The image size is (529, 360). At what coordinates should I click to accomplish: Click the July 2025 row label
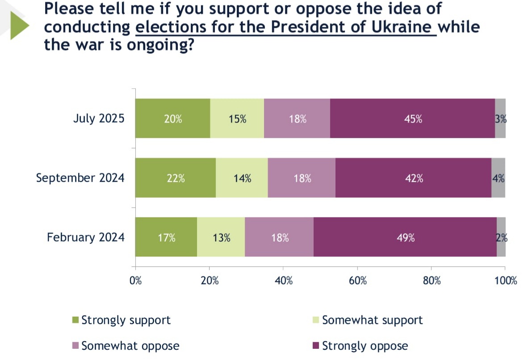click(99, 119)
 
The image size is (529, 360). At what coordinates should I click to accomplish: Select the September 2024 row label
click(80, 178)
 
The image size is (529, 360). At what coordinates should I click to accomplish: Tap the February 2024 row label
click(86, 237)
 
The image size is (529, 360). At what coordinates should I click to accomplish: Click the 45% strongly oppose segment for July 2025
click(412, 119)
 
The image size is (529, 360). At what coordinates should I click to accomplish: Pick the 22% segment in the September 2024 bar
click(176, 178)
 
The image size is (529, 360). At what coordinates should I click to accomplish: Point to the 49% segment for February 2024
click(405, 237)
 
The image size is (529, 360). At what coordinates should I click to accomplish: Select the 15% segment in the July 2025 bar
click(237, 119)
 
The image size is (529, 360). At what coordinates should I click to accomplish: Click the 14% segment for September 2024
click(242, 178)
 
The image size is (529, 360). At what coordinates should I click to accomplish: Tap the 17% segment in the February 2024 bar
click(166, 237)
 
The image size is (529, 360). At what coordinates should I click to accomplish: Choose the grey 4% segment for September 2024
click(498, 178)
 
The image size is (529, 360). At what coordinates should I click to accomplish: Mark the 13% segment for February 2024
click(221, 237)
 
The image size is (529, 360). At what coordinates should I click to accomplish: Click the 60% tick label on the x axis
click(357, 281)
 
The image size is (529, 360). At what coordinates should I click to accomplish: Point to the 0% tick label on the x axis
click(135, 281)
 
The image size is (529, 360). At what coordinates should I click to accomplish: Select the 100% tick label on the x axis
click(505, 281)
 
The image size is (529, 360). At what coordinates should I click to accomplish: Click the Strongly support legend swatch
click(76, 321)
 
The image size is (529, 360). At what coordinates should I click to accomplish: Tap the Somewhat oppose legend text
click(130, 346)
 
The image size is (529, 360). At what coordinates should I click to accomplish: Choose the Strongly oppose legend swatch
click(316, 346)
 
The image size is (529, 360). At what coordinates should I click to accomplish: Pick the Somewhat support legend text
click(372, 320)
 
